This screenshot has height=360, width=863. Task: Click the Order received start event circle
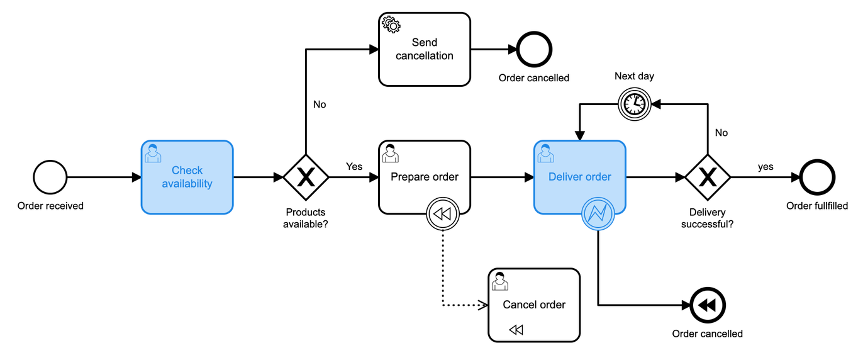pyautogui.click(x=50, y=178)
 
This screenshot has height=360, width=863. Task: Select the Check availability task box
pyautogui.click(x=187, y=177)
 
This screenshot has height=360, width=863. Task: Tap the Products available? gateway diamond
pyautogui.click(x=306, y=178)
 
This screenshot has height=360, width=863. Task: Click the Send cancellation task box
pyautogui.click(x=425, y=49)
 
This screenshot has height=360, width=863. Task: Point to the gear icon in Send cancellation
pyautogui.click(x=391, y=25)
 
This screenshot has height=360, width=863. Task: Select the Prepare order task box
pyautogui.click(x=425, y=177)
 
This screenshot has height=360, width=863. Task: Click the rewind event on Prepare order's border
pyautogui.click(x=443, y=214)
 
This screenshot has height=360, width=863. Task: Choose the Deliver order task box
pyautogui.click(x=580, y=177)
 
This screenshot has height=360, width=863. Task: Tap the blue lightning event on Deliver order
pyautogui.click(x=598, y=214)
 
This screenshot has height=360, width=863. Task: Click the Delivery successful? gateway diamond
pyautogui.click(x=708, y=178)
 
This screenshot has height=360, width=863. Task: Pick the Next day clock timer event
pyautogui.click(x=634, y=103)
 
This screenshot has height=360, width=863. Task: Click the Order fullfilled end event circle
pyautogui.click(x=817, y=178)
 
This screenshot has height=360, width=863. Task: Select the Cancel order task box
pyautogui.click(x=534, y=305)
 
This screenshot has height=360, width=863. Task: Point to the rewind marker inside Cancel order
pyautogui.click(x=516, y=330)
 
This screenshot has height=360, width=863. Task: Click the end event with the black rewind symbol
pyautogui.click(x=708, y=305)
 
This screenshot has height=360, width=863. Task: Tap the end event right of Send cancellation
pyautogui.click(x=534, y=49)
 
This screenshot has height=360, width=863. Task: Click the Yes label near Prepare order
pyautogui.click(x=354, y=167)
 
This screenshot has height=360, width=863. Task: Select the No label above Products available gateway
pyautogui.click(x=320, y=104)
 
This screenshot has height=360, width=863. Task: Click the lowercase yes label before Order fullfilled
pyautogui.click(x=766, y=167)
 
